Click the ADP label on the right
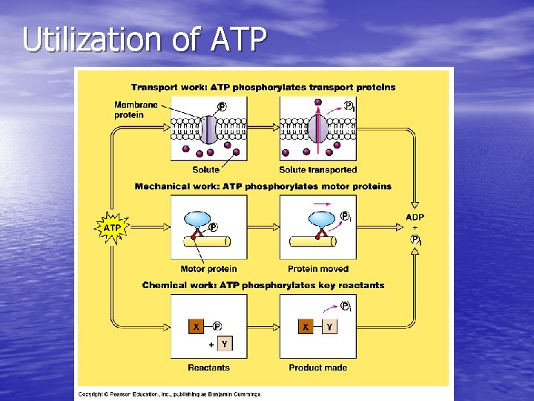(x=415, y=217)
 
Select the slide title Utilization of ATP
(x=144, y=40)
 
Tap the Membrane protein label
(x=136, y=110)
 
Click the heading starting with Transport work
(x=263, y=87)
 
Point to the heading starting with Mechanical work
(x=263, y=186)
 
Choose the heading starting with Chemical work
(x=263, y=285)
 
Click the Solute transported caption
(x=317, y=170)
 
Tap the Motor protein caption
(x=208, y=269)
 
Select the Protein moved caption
(x=318, y=269)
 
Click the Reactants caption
(x=208, y=368)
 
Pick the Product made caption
(x=317, y=368)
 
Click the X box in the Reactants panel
(x=197, y=326)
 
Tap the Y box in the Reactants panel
(x=224, y=344)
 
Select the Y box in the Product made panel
(x=329, y=326)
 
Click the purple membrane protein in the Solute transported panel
(x=317, y=128)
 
